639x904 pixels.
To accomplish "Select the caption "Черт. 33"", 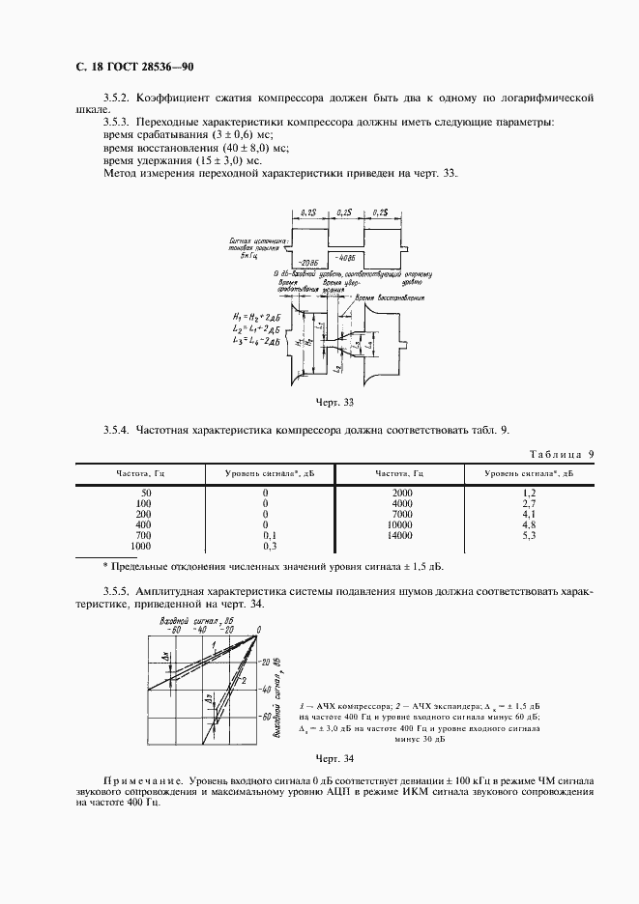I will click(335, 400).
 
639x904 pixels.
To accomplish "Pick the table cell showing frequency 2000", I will click(402, 494).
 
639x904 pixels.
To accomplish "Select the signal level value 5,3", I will click(529, 534).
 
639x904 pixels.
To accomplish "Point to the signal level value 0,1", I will click(270, 534).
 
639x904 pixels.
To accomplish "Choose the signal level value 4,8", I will click(529, 524).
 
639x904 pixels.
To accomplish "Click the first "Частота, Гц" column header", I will click(139, 473).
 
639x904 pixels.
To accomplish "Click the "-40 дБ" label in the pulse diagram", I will click(345, 257).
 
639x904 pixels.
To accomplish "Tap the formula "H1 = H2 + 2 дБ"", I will click(256, 318).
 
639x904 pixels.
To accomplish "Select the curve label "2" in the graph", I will click(246, 680).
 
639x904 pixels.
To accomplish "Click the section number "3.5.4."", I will click(116, 429).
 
